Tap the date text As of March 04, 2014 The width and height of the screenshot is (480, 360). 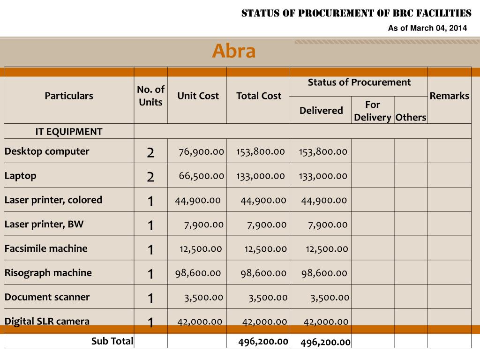[427, 29]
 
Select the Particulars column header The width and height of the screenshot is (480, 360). [69, 96]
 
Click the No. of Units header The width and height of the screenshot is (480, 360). [150, 96]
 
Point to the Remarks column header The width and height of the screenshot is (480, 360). [449, 96]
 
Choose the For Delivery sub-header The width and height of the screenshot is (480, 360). [373, 111]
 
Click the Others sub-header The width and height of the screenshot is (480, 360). [411, 117]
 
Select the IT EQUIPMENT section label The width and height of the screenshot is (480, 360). [69, 132]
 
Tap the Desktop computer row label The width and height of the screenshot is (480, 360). [47, 151]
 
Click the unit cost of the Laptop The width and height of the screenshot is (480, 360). [201, 176]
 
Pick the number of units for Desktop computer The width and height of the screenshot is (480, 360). [150, 152]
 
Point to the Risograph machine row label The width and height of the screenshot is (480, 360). [48, 273]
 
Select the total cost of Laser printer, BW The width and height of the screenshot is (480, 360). [267, 225]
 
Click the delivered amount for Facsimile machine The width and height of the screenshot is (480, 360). [327, 249]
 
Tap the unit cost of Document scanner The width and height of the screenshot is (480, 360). [203, 297]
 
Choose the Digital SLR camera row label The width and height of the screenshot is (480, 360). [47, 322]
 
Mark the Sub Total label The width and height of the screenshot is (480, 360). [112, 341]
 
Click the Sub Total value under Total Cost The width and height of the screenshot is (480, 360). [262, 341]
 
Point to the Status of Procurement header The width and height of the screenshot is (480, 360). [359, 82]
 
